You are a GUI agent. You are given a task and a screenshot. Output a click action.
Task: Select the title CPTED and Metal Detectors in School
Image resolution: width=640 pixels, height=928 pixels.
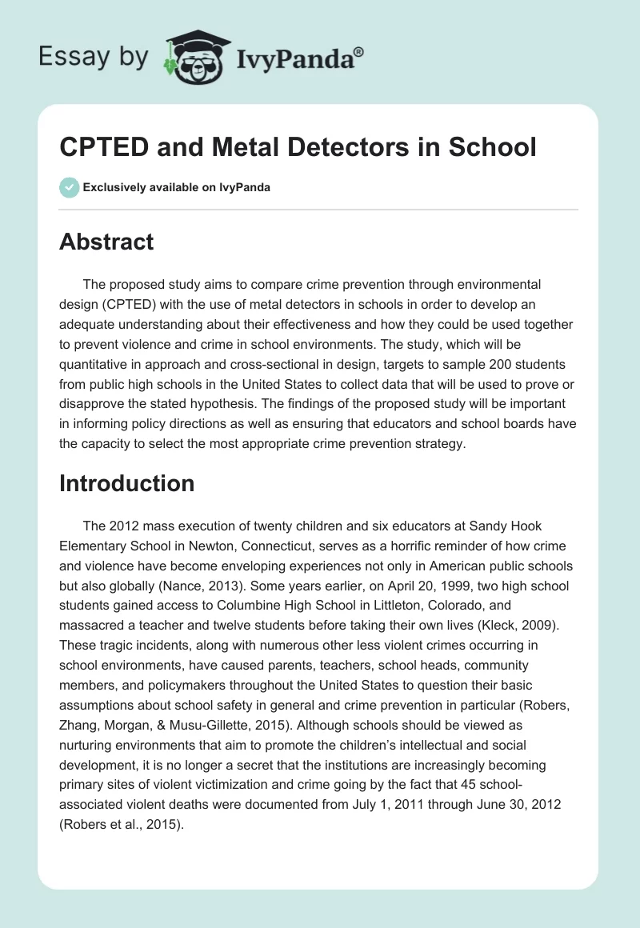pyautogui.click(x=298, y=148)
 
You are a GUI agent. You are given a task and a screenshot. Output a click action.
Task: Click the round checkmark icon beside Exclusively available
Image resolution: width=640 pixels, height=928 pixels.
pyautogui.click(x=69, y=187)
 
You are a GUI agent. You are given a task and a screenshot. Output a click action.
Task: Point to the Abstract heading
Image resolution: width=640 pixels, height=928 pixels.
pyautogui.click(x=106, y=242)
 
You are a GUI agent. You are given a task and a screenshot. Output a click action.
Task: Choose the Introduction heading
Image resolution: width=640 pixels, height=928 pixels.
pyautogui.click(x=127, y=483)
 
